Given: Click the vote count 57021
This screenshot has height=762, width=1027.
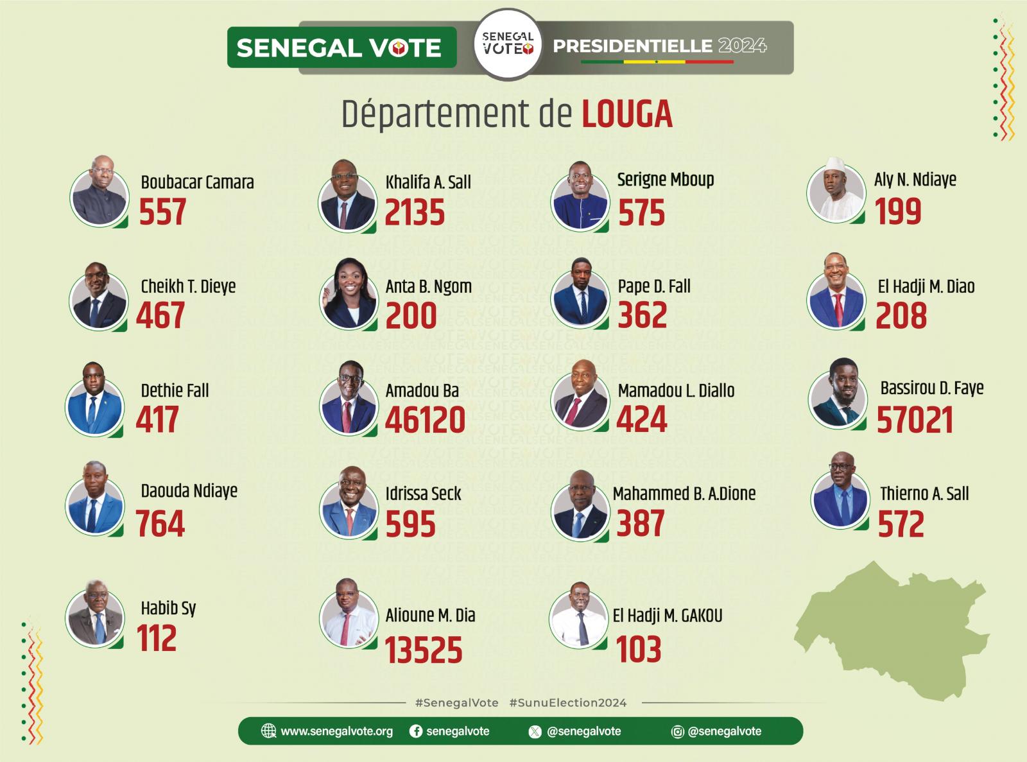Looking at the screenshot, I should tap(915, 420).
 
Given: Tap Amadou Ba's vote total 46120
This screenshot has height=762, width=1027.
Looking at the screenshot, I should tap(425, 420).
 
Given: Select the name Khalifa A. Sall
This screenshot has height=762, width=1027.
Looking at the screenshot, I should tap(428, 182).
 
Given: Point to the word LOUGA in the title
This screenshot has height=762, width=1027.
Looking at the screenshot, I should tap(627, 114).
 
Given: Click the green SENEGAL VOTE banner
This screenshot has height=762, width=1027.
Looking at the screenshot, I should tap(341, 48).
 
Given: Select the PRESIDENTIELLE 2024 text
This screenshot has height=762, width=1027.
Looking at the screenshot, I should tap(659, 46).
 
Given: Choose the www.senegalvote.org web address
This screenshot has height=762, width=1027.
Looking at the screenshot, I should tap(336, 731).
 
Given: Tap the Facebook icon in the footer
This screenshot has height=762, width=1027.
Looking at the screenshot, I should tap(416, 731).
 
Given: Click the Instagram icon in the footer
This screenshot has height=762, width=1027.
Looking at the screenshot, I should tap(677, 732).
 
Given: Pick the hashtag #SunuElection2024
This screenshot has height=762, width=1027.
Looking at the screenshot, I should tap(567, 703).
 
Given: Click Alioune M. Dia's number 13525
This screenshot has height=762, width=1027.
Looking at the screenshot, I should tap(424, 650).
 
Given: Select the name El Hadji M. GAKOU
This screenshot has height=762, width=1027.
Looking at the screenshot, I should tap(667, 616).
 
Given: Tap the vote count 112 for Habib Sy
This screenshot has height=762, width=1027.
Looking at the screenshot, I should tap(157, 639).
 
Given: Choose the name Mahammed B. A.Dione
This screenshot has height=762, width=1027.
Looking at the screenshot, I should tap(684, 494).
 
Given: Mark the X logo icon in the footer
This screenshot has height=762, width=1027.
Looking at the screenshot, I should tap(535, 732).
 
